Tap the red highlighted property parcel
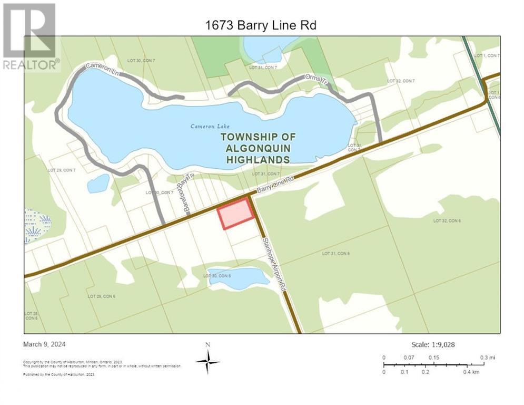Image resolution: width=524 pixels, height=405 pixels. tap(235, 214)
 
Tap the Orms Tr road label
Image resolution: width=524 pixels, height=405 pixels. tap(316, 81)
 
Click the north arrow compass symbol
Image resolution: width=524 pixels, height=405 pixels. tap(208, 361)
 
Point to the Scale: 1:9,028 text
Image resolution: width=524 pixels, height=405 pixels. tap(432, 344)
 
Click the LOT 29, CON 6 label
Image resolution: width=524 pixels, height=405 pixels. tap(101, 296)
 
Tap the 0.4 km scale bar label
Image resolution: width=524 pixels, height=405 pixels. tap(471, 372)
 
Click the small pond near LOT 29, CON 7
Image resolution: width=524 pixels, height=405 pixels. tap(98, 184)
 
